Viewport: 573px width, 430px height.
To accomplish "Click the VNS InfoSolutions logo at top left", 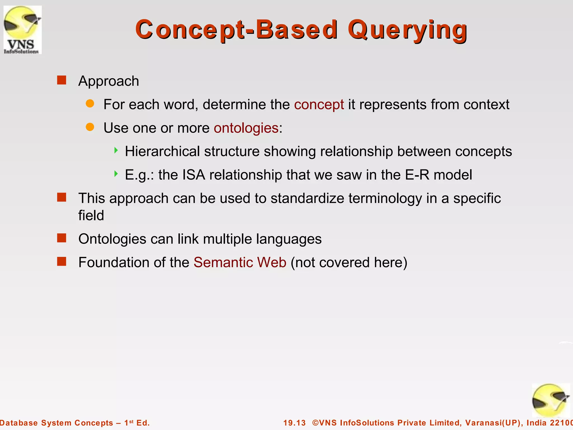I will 22,30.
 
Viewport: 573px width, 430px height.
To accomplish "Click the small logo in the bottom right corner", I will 551,401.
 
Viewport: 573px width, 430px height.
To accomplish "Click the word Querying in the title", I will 407,30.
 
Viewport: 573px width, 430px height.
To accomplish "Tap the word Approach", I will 109,81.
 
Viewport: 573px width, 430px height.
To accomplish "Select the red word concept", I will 319,104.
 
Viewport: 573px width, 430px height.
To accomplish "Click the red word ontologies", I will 246,128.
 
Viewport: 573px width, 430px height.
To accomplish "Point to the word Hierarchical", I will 162,151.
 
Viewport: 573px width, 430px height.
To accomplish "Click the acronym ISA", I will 194,175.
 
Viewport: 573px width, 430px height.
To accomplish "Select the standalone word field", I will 91,216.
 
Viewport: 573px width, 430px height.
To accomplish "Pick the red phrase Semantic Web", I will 240,263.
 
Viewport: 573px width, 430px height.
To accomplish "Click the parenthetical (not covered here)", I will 349,263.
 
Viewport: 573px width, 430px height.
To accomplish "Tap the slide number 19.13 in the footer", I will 294,423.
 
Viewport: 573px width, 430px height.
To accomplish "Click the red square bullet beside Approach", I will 62,80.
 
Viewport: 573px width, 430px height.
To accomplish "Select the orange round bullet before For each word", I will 90,104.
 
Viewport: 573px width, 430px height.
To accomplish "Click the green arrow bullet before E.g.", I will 116,174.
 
